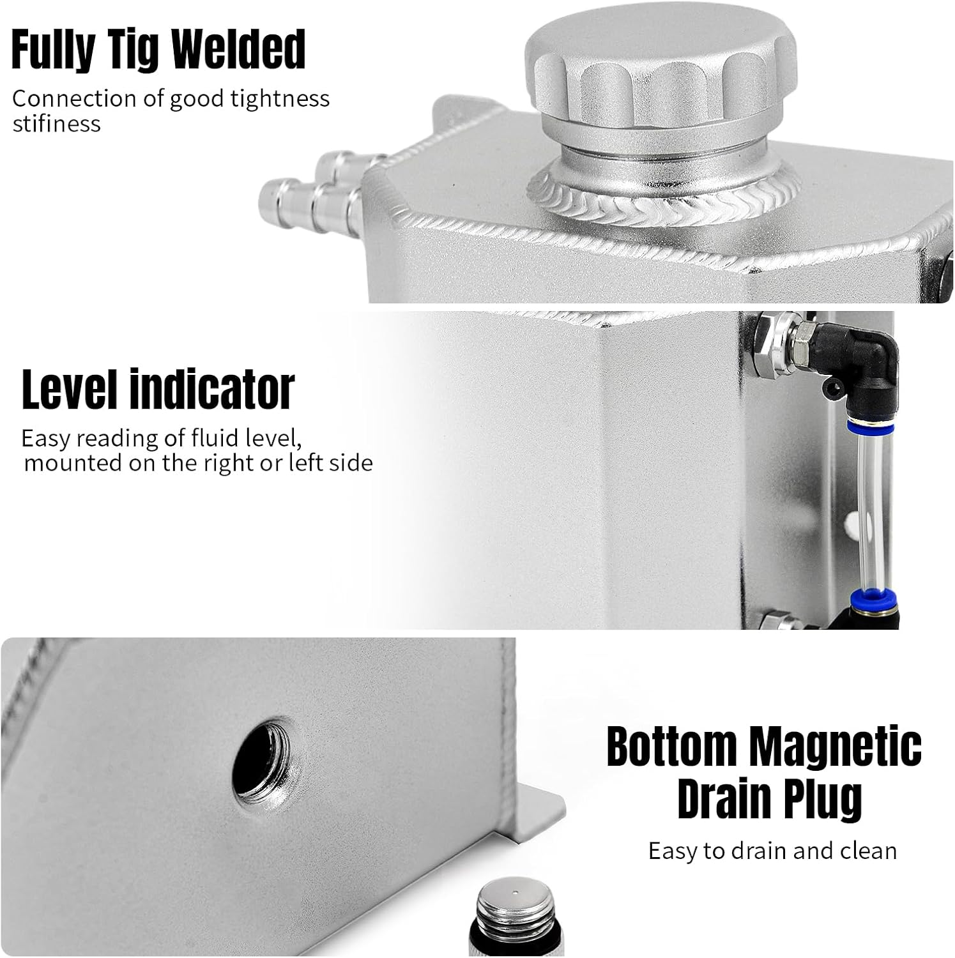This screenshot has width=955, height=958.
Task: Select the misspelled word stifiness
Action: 56,123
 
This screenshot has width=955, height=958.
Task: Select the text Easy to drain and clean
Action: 772,851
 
